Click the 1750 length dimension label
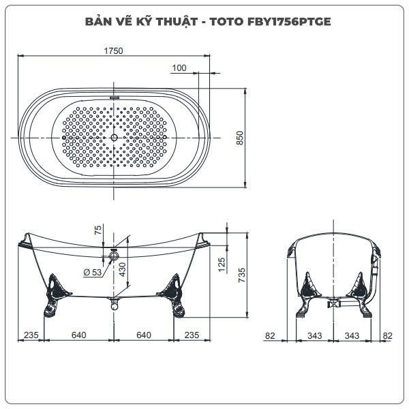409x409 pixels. (113, 50)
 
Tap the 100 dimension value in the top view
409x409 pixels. (179, 67)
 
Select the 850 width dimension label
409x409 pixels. (240, 138)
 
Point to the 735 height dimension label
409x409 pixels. (242, 275)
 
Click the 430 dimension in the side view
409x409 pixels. (122, 269)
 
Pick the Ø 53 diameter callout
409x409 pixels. (93, 273)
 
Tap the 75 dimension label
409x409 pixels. (97, 230)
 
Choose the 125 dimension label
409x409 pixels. (221, 264)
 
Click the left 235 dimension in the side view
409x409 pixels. (31, 335)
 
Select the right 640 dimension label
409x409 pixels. (144, 335)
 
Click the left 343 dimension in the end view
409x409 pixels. (314, 335)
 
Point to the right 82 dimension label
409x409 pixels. (387, 335)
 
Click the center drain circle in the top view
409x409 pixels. (114, 138)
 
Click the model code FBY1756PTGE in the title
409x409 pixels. (289, 21)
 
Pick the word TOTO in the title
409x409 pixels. (226, 21)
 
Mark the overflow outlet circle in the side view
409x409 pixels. (114, 255)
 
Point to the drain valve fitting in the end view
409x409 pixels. (334, 303)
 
